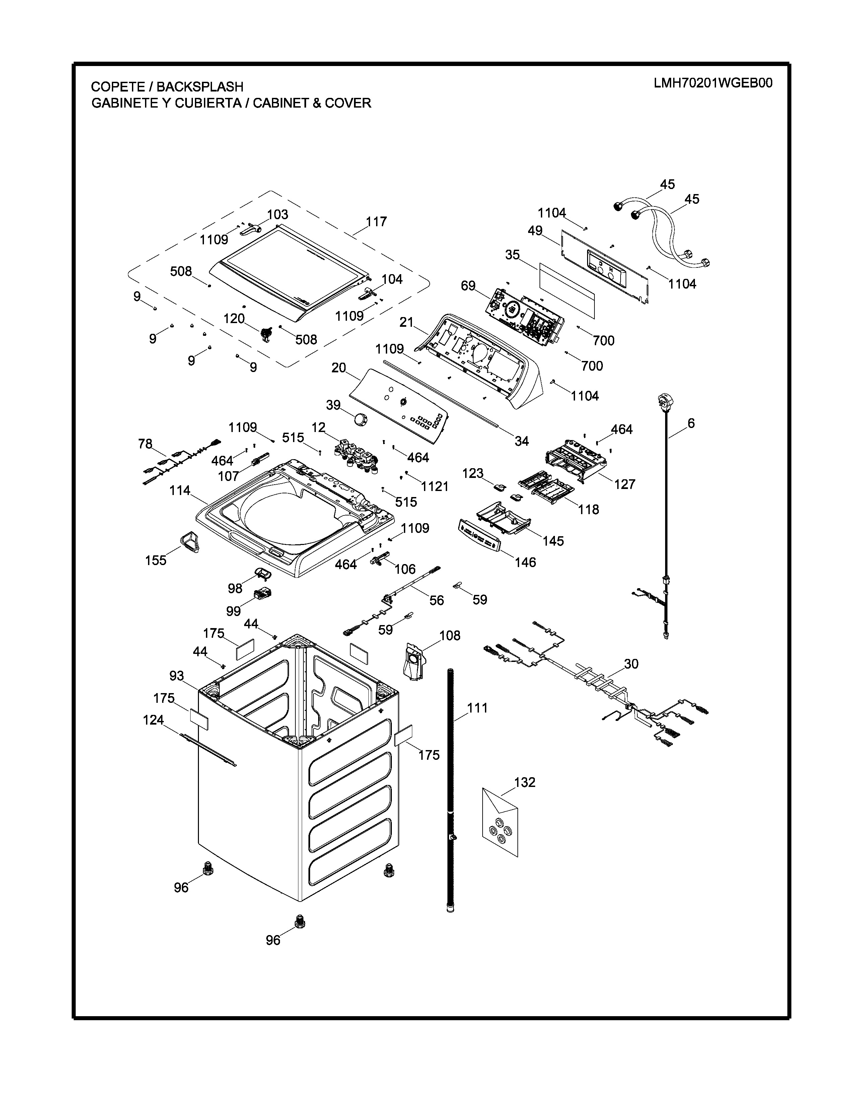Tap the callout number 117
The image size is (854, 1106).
(376, 222)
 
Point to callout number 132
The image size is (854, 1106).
(525, 782)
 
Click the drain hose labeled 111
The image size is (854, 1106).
(450, 790)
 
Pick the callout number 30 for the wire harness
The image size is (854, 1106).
(631, 664)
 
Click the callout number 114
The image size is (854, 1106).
(180, 490)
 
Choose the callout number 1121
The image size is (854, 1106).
(435, 487)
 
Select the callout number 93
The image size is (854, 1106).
(176, 676)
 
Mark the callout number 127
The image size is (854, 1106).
(625, 484)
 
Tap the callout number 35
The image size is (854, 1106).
(512, 255)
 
